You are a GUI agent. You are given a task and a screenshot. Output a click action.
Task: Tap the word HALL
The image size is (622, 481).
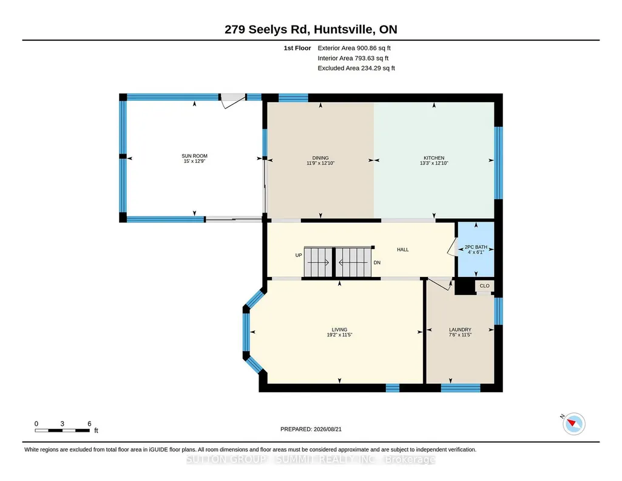pyautogui.click(x=403, y=250)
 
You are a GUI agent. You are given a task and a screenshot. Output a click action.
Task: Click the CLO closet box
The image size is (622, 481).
pyautogui.click(x=484, y=285)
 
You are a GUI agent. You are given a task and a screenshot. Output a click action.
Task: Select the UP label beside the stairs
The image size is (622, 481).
pyautogui.click(x=299, y=255)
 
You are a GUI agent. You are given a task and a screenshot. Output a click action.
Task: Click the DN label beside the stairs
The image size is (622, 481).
pyautogui.click(x=377, y=263)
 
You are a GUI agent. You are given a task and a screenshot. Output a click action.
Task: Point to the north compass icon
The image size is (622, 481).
pyautogui.click(x=573, y=423)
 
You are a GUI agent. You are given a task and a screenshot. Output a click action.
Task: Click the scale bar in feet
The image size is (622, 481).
pyautogui.click(x=63, y=430)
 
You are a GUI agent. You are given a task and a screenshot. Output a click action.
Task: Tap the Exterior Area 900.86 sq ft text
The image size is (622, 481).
pyautogui.click(x=354, y=48)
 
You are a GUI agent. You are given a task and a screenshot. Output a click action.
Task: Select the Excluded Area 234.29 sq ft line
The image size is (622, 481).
pyautogui.click(x=356, y=68)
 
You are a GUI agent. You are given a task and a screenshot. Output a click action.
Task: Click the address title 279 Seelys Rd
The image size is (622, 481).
pyautogui.click(x=269, y=30)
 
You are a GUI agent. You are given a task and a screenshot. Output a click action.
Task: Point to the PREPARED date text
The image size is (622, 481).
pyautogui.click(x=311, y=429)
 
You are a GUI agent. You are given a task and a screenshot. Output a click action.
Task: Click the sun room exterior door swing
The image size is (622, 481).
pyautogui.click(x=233, y=101)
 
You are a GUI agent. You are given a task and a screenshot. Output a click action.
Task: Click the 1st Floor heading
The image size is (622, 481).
pyautogui.click(x=297, y=48)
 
